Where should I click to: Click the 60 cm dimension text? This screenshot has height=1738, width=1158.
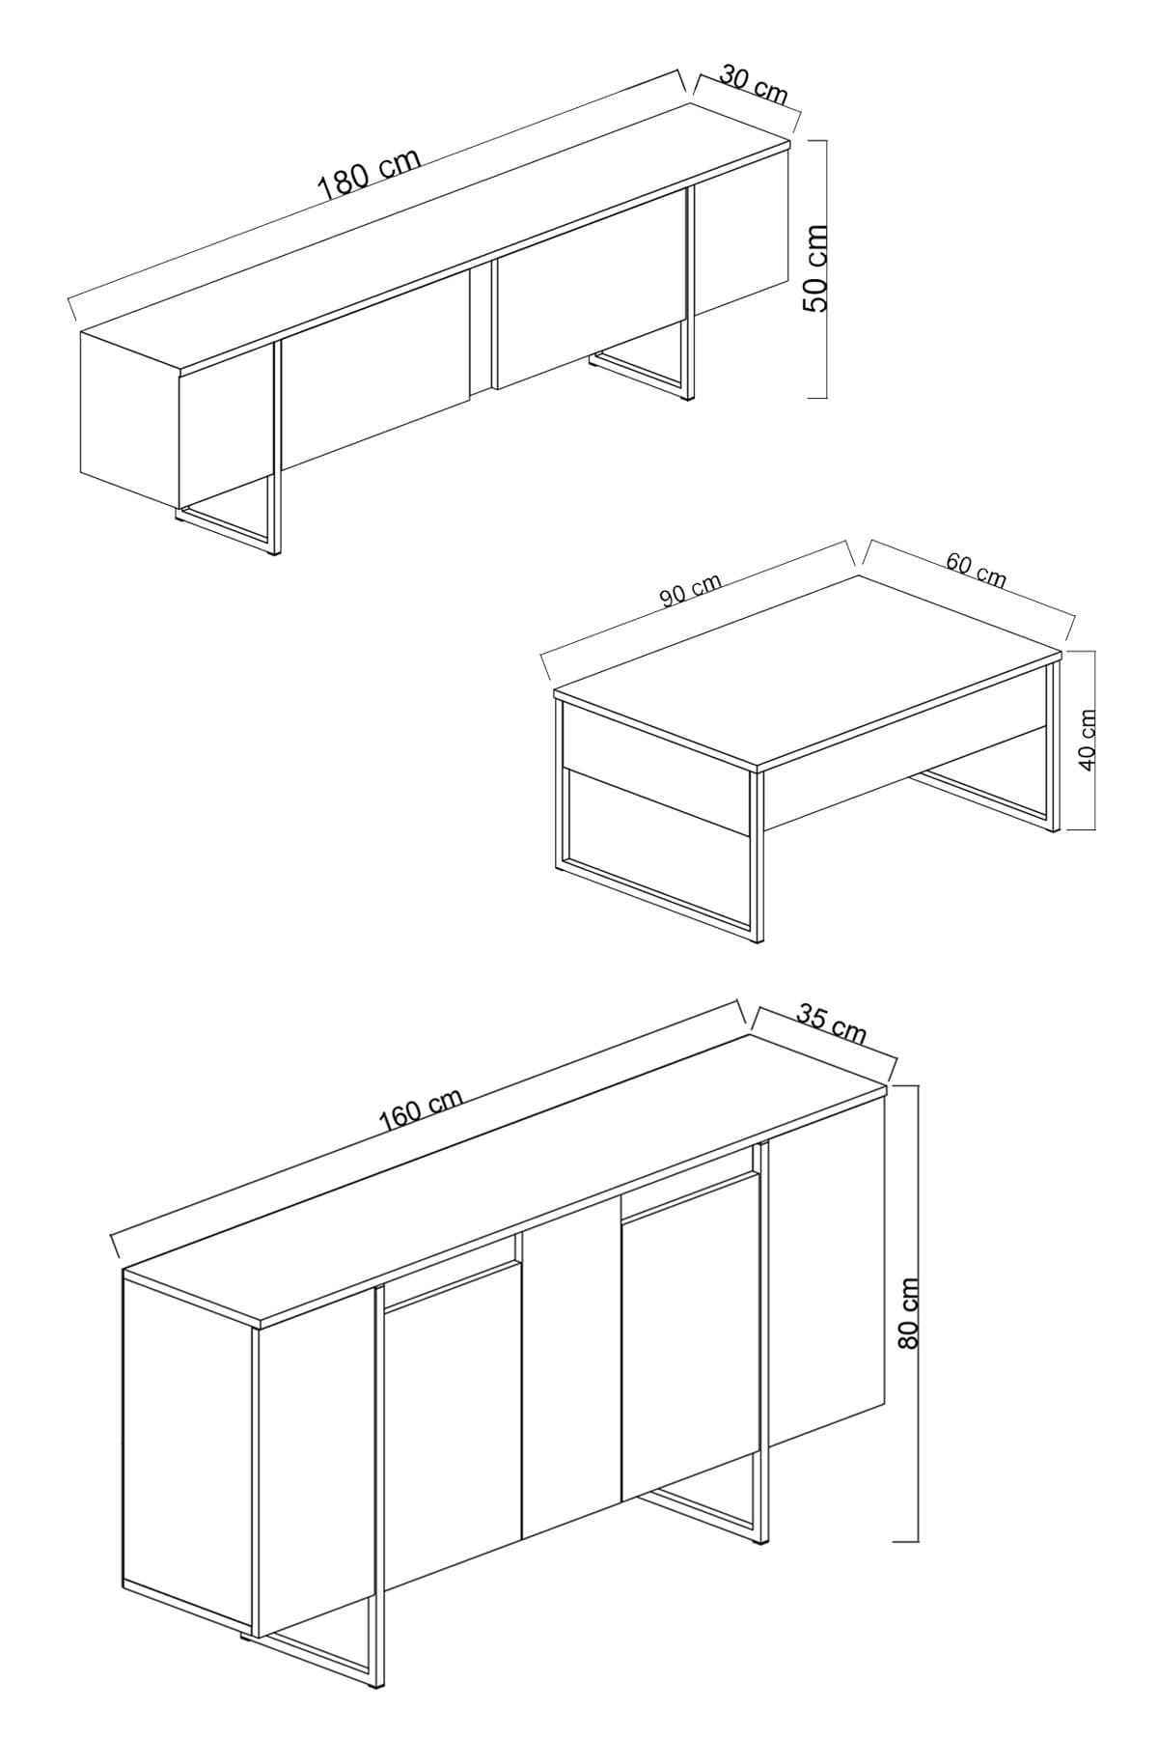(976, 572)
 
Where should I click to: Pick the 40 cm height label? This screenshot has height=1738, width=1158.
(1088, 740)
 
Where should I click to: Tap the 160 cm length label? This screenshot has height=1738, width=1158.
(421, 1110)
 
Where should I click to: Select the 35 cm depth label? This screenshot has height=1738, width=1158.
(832, 1023)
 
